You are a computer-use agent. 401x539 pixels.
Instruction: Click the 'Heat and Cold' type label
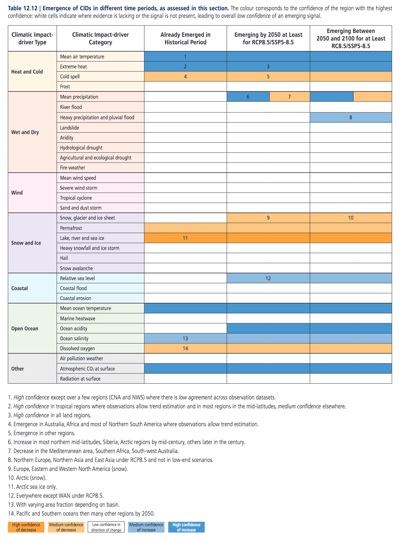coord(27,71)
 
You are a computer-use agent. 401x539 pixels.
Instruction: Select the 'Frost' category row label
coord(65,87)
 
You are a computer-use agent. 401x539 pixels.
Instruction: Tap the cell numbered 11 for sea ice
coord(185,238)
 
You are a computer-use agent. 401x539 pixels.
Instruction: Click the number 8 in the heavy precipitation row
coord(351,117)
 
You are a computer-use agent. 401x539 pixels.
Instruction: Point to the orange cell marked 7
coord(290,97)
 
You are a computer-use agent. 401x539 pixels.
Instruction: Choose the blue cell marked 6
coord(248,97)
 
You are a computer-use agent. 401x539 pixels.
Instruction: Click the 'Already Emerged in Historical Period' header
coord(185,38)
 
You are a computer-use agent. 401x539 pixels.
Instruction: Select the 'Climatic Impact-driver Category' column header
coord(100,38)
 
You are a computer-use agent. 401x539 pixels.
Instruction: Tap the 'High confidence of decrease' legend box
coord(26,527)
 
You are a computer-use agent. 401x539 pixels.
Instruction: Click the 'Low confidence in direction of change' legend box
coord(106,527)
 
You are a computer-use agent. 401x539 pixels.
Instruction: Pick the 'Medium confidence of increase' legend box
coord(146,527)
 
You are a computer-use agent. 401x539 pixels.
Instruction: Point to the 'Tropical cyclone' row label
coord(76,198)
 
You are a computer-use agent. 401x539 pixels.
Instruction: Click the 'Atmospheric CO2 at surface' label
coord(87,368)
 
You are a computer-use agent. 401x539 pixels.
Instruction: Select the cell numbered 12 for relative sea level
coord(268,278)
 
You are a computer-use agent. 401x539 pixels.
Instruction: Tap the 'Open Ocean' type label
coord(25,328)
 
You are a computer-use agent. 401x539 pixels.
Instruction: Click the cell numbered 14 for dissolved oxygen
coord(185,348)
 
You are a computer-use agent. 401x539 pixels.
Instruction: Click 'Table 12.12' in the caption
coord(23,8)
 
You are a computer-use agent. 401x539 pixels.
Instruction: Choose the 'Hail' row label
coord(64,258)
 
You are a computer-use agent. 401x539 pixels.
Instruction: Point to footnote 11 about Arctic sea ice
coord(33,487)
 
